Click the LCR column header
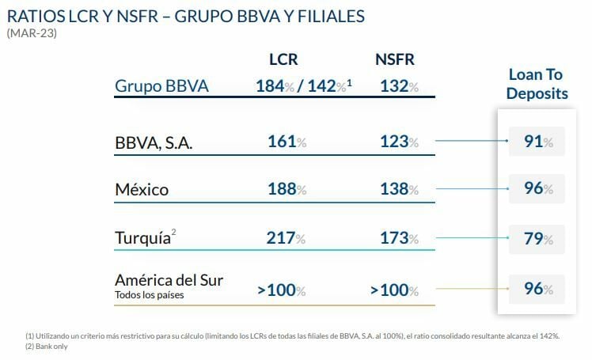click(283, 59)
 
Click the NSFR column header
click(394, 59)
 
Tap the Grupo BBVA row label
click(161, 85)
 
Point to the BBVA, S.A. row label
click(154, 143)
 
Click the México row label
click(142, 190)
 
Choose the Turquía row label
click(144, 238)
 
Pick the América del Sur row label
click(169, 280)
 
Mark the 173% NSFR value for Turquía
click(395, 238)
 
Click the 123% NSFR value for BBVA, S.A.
click(395, 142)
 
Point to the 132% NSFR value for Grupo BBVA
click(395, 85)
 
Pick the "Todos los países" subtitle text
click(150, 295)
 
